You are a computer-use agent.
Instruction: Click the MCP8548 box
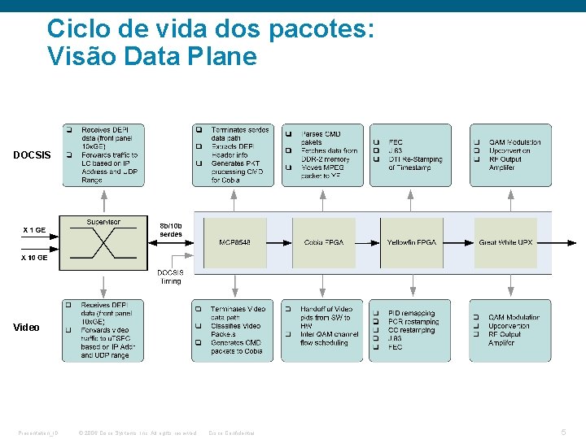(234, 242)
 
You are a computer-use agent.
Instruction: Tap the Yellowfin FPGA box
(411, 242)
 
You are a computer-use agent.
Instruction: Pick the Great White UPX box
(505, 242)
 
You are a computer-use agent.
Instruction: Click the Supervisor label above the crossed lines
(103, 222)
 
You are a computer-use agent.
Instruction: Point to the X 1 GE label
(34, 230)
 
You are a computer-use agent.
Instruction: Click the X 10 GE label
(34, 257)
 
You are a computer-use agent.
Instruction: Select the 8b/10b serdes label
(171, 230)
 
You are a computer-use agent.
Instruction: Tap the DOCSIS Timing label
(170, 276)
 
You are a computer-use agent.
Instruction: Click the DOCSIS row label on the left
(32, 155)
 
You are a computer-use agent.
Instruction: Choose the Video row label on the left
(26, 328)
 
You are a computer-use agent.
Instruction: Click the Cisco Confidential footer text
(232, 432)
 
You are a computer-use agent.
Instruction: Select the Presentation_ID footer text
(38, 432)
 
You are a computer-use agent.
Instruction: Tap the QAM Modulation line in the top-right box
(514, 142)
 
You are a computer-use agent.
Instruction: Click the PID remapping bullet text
(412, 313)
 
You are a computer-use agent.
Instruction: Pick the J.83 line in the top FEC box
(396, 150)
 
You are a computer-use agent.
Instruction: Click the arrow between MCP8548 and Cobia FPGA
(279, 242)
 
